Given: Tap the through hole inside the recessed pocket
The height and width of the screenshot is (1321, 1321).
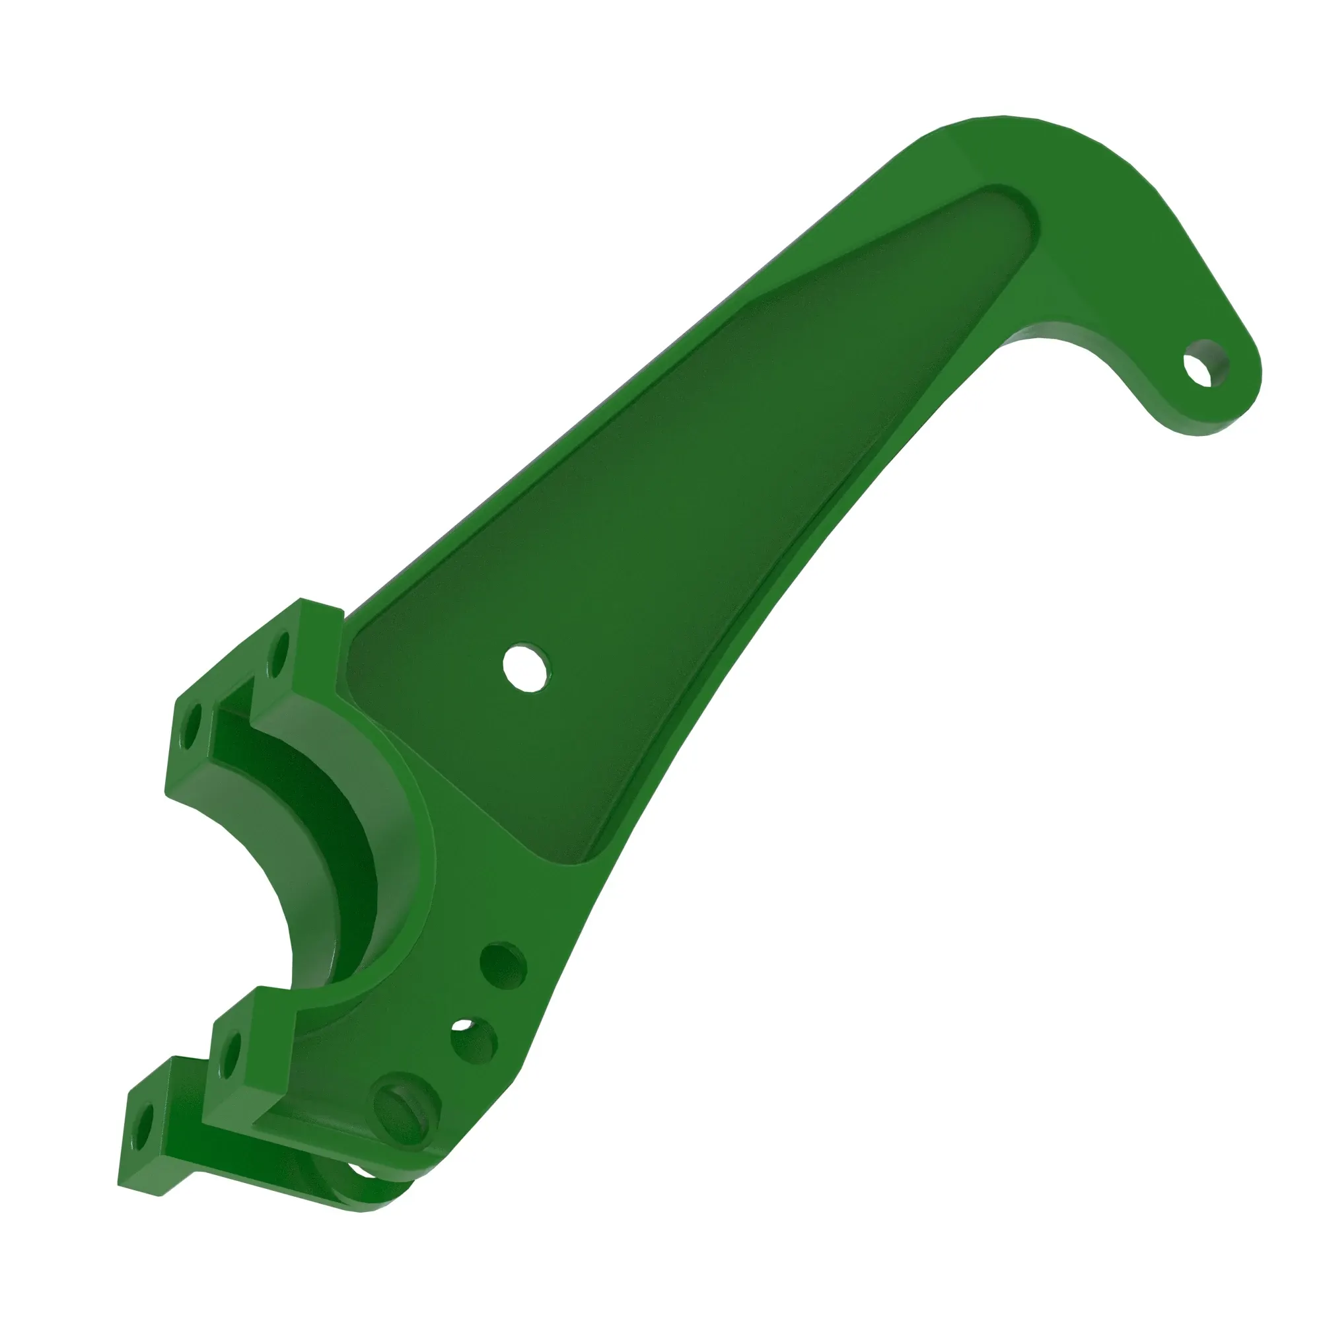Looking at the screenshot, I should [x=525, y=666].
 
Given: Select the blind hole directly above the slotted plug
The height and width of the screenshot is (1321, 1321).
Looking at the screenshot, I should [x=473, y=1043].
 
